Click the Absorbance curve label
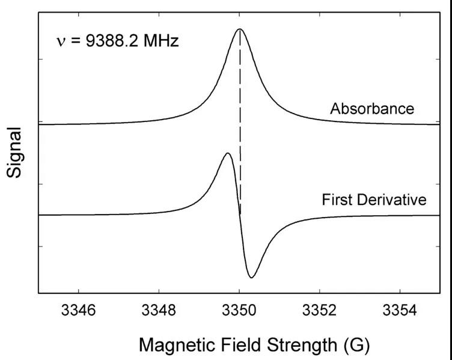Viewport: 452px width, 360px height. [371, 109]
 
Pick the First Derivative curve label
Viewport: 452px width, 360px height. [374, 200]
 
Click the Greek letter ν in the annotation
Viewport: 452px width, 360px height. [61, 43]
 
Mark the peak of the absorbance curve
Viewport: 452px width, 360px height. [240, 29]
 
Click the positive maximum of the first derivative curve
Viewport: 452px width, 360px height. [227, 153]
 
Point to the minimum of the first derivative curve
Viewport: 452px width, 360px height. [252, 277]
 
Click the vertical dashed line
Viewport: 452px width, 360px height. [240, 120]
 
